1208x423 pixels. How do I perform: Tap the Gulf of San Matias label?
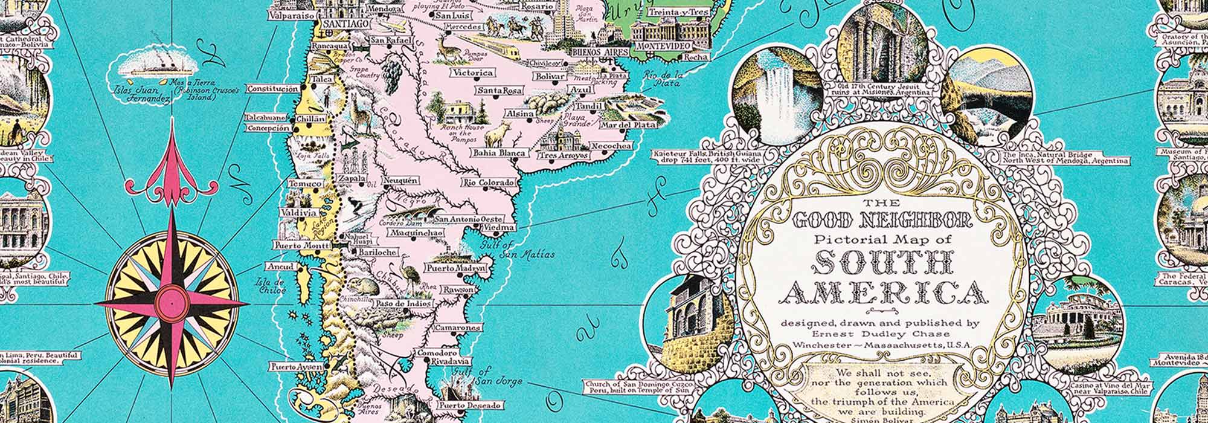(517, 250)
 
